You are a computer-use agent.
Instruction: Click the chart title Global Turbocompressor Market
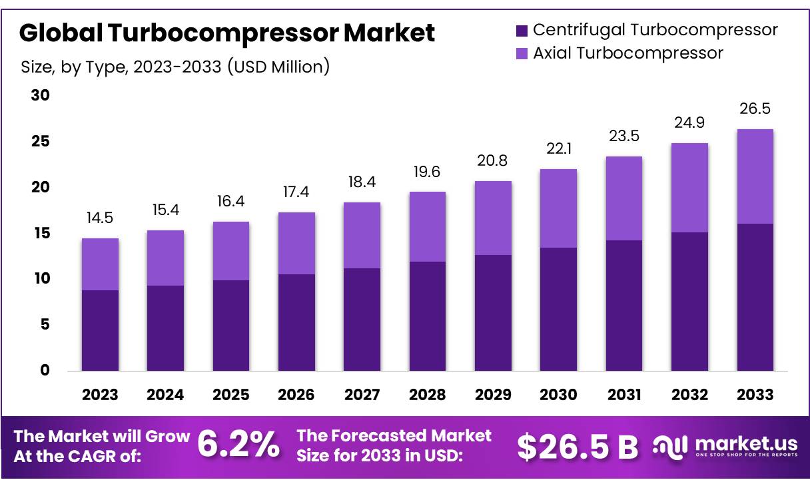[227, 33]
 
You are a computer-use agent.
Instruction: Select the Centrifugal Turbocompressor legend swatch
[522, 30]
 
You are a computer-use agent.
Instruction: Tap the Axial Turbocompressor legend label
[627, 53]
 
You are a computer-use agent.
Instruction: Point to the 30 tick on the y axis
[41, 96]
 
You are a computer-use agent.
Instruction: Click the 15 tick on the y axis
[41, 233]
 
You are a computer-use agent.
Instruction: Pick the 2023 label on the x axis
[100, 395]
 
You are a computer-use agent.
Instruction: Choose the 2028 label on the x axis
[427, 395]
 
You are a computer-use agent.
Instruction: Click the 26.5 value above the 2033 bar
[755, 109]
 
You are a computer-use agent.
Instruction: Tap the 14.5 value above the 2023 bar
[100, 218]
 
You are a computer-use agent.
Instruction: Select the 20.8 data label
[493, 161]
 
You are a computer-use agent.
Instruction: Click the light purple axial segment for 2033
[755, 176]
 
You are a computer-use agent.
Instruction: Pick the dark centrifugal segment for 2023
[100, 330]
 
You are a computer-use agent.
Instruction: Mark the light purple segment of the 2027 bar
[362, 235]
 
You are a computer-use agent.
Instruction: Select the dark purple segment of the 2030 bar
[558, 309]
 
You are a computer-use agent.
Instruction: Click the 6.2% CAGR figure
[239, 445]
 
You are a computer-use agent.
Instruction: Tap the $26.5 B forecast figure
[577, 447]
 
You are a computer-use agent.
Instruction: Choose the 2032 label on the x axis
[689, 395]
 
